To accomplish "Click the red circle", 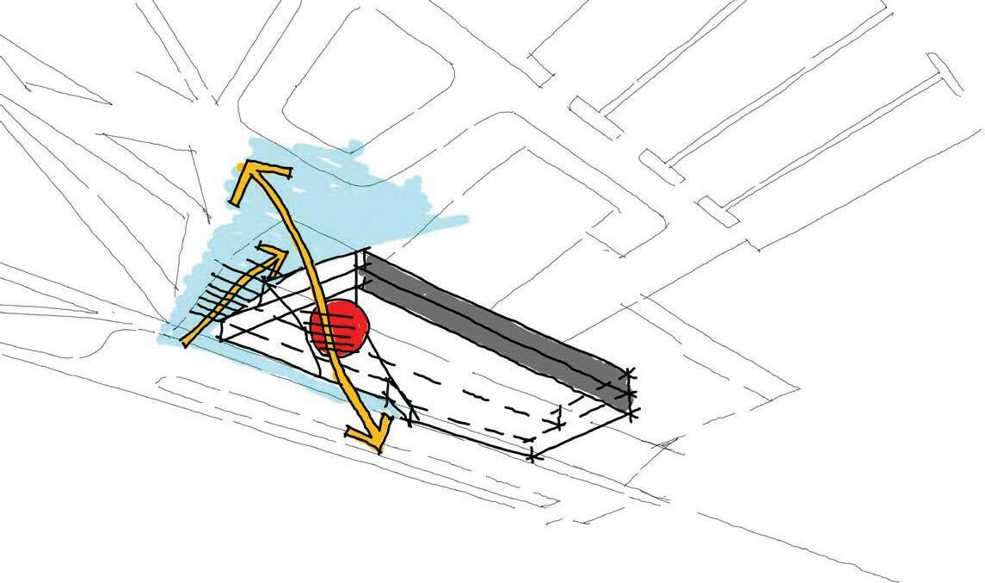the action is [340, 328].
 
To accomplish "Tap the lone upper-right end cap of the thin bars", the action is [944, 74].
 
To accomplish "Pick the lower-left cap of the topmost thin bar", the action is [594, 119].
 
